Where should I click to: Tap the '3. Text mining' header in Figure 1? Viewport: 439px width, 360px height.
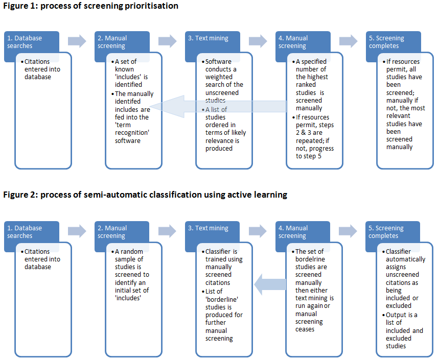coord(212,38)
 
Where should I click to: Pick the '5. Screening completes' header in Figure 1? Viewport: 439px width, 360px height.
coord(386,42)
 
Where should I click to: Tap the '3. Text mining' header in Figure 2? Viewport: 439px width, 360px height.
coord(212,228)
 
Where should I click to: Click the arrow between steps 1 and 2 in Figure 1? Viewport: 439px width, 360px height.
coord(77,41)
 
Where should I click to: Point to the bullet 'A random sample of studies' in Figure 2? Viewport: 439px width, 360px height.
coord(131,271)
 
